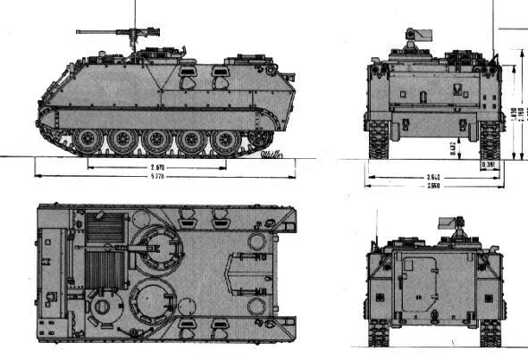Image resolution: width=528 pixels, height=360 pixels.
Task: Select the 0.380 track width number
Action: pos(489,164)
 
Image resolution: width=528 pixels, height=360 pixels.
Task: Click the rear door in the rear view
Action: pos(420,283)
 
